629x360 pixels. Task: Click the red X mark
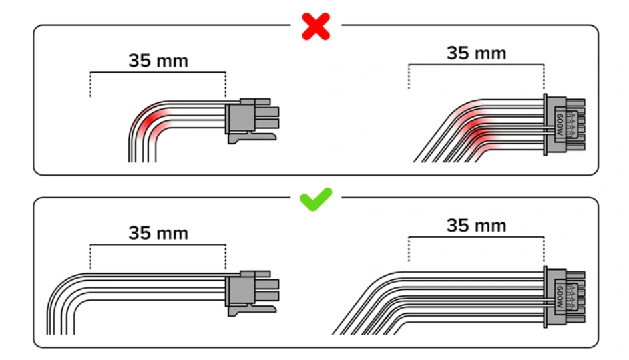pyautogui.click(x=316, y=27)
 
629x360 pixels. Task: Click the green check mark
pyautogui.click(x=316, y=199)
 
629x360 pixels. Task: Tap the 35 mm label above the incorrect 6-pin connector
pyautogui.click(x=158, y=61)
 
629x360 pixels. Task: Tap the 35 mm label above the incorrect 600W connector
pyautogui.click(x=477, y=53)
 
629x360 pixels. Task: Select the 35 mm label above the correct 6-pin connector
pyautogui.click(x=158, y=233)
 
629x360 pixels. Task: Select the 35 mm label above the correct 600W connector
pyautogui.click(x=477, y=226)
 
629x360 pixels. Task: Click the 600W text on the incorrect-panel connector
pyautogui.click(x=560, y=124)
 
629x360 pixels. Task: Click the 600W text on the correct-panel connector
pyautogui.click(x=560, y=297)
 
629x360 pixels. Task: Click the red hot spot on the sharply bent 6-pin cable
pyautogui.click(x=151, y=119)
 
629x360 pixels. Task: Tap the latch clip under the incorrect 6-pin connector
pyautogui.click(x=252, y=138)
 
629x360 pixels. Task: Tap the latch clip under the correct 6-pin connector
pyautogui.click(x=252, y=311)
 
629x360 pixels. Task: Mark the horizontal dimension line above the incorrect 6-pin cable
pyautogui.click(x=158, y=72)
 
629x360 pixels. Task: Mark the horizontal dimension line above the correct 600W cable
pyautogui.click(x=476, y=237)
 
